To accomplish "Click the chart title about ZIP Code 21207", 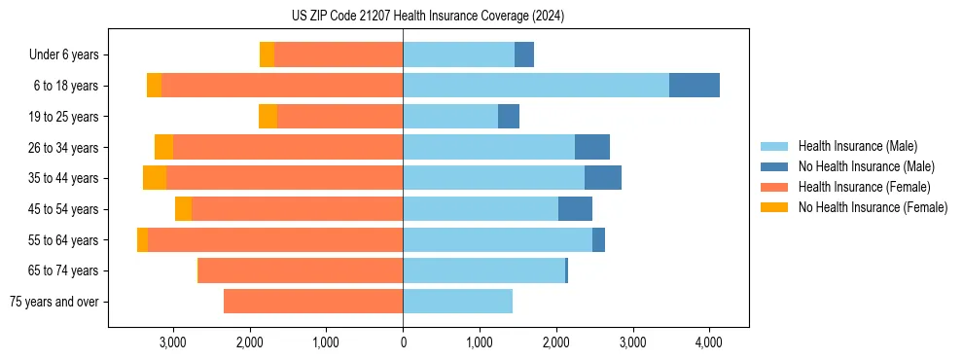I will [x=427, y=17].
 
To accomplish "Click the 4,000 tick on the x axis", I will [x=708, y=342].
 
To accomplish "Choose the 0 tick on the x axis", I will [x=403, y=342].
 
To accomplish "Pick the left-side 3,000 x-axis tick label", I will [x=173, y=342].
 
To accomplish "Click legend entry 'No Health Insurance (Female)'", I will [x=873, y=207].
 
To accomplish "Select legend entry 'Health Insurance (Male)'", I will [x=857, y=146].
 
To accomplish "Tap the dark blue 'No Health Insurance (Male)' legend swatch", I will [x=774, y=166].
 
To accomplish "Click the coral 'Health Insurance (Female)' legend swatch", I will [x=774, y=187].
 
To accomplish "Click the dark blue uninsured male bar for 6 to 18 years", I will [x=695, y=86].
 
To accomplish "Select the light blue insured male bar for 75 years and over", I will [x=457, y=302].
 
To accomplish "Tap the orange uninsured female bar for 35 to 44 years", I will [x=155, y=178].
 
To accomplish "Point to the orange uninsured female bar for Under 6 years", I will [x=267, y=55].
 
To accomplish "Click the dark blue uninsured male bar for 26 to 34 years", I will [x=592, y=147].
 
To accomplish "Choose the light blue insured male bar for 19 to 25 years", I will [x=450, y=117].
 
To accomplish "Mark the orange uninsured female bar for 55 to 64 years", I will [x=143, y=239].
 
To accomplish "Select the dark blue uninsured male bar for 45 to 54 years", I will [x=575, y=209].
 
